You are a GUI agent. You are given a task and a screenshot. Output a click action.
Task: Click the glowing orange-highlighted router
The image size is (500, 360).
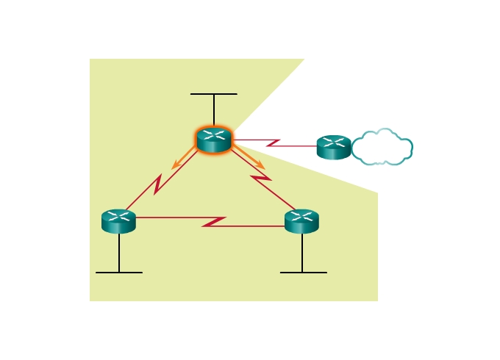tap(214, 140)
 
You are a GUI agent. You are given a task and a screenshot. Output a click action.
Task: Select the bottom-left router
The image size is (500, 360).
tap(118, 221)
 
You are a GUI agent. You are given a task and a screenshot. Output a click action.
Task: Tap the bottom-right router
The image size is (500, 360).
tap(301, 221)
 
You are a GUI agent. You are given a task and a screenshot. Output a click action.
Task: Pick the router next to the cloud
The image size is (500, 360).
tap(334, 147)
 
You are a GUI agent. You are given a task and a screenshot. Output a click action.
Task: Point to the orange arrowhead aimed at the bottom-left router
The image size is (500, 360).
tap(175, 166)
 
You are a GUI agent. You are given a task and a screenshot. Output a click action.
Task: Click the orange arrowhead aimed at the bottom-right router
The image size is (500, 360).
tap(260, 166)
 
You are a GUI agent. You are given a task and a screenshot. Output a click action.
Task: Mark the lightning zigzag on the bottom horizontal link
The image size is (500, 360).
tap(214, 221)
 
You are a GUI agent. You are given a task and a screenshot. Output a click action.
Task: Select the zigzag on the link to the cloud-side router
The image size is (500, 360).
tap(273, 142)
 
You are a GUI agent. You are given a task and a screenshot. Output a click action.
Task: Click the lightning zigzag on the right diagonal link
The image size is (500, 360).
tap(261, 179)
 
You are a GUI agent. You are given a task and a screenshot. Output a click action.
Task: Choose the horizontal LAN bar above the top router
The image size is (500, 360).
tap(214, 94)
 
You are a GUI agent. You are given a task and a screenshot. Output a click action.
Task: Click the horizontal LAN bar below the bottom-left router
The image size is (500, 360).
tap(118, 273)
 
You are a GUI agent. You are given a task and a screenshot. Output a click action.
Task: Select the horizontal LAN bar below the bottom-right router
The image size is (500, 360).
tap(303, 273)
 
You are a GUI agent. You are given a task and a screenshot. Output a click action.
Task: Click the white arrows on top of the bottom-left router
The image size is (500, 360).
tap(118, 216)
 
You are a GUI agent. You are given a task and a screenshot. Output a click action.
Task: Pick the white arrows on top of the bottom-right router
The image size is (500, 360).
tap(301, 216)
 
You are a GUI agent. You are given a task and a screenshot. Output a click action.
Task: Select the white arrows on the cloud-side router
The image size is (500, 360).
tap(334, 142)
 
